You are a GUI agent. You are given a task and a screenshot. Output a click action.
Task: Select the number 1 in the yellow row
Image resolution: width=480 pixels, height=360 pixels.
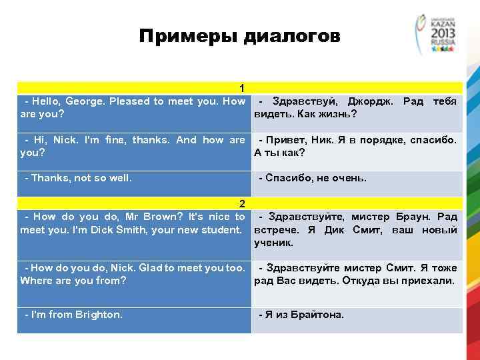click(x=243, y=88)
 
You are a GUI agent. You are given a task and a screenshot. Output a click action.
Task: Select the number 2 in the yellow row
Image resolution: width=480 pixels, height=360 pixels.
click(x=243, y=203)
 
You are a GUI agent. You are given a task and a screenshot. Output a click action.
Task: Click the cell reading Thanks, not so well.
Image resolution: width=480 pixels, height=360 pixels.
click(x=78, y=178)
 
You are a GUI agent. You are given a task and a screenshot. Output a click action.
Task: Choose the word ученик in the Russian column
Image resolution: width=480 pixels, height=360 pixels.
click(x=273, y=243)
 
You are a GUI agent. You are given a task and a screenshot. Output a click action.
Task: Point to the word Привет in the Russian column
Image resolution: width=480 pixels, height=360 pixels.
click(x=287, y=140)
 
